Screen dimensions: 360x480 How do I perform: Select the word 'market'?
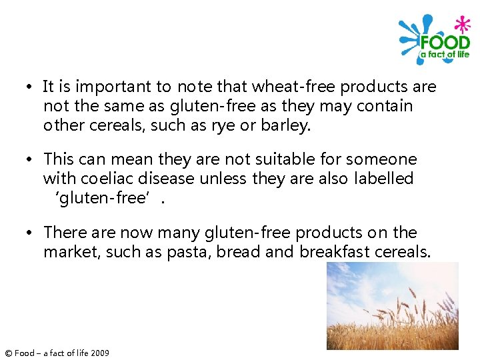click(67, 252)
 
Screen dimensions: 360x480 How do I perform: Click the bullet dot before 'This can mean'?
click(30, 160)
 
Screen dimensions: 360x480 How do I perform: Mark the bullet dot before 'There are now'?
click(30, 233)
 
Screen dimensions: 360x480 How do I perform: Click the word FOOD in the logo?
click(445, 41)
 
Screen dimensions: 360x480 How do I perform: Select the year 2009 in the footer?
click(99, 353)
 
